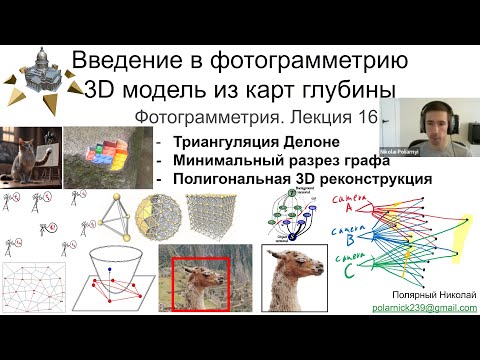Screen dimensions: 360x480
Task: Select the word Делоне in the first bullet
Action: click(326, 142)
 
